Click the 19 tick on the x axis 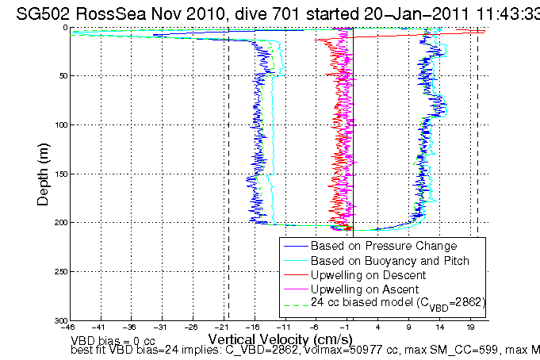[471, 327]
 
